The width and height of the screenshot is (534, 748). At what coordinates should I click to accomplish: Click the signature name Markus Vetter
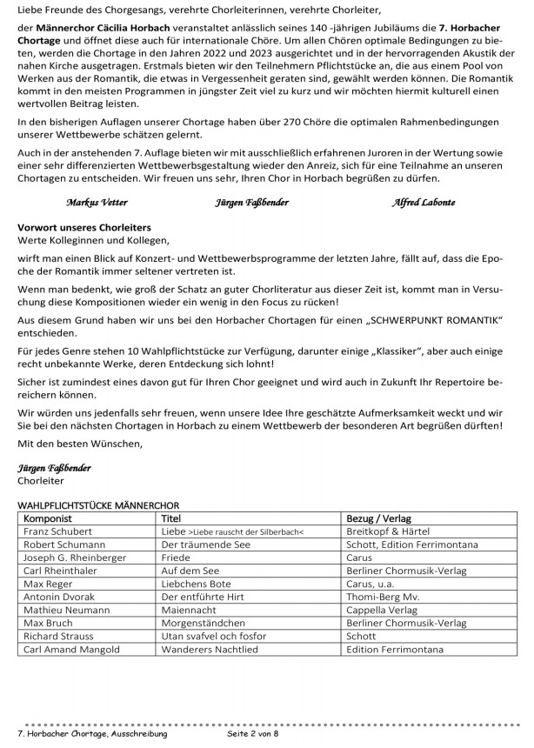point(97,203)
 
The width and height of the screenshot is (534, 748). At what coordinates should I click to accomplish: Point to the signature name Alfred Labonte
point(426,203)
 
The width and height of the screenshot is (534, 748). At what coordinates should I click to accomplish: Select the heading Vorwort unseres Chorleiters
point(84,226)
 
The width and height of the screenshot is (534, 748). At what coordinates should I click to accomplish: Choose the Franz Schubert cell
point(59,530)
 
